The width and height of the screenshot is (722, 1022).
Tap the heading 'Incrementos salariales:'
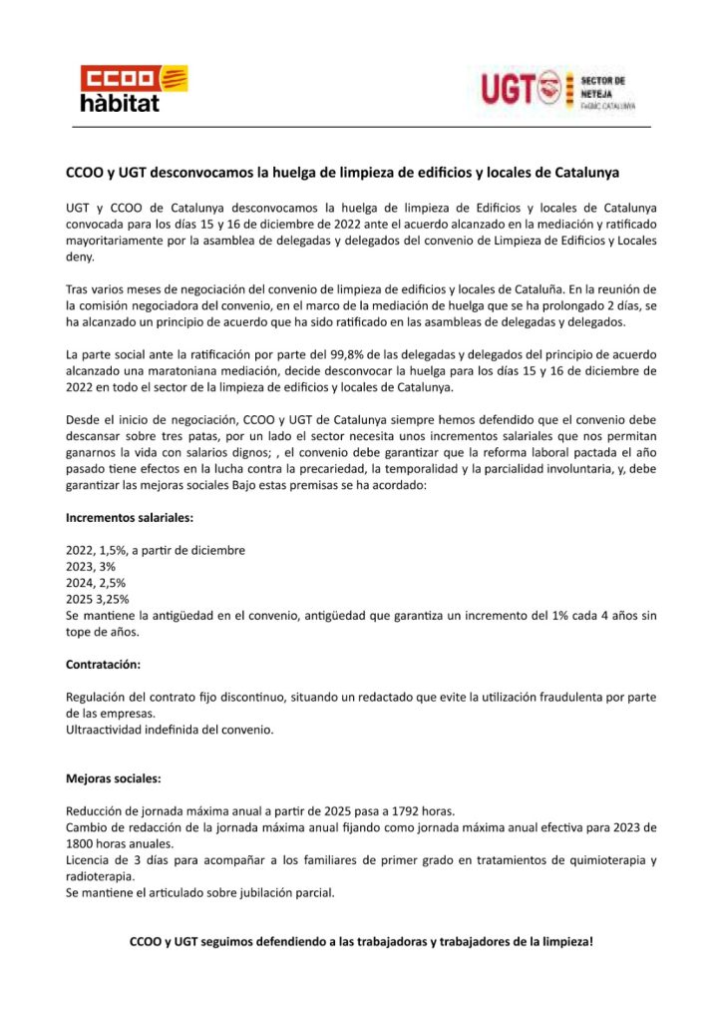[130, 518]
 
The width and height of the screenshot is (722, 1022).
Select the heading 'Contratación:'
[103, 663]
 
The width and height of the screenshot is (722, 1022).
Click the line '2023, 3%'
[91, 566]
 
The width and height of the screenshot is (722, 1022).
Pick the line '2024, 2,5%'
[96, 582]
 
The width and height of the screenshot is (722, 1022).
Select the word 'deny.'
[80, 256]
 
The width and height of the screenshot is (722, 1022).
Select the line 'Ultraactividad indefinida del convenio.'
[170, 729]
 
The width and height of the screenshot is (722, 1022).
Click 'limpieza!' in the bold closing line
[565, 940]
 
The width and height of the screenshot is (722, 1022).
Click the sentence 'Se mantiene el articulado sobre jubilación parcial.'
[199, 892]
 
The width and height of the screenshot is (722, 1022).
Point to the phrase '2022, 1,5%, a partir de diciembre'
[156, 550]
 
